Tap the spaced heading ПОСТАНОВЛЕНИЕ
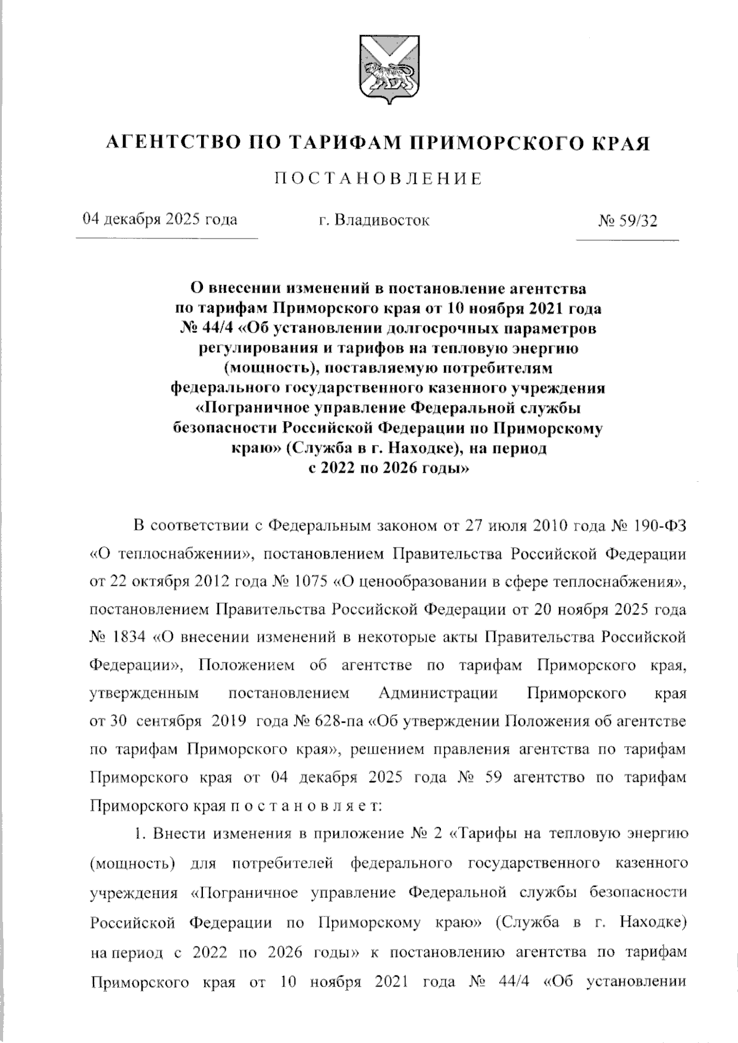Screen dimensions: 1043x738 click(x=378, y=179)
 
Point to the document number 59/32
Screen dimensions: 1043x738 click(x=636, y=220)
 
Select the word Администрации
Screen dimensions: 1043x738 click(x=438, y=693)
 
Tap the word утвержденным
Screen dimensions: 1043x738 click(x=145, y=693)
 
